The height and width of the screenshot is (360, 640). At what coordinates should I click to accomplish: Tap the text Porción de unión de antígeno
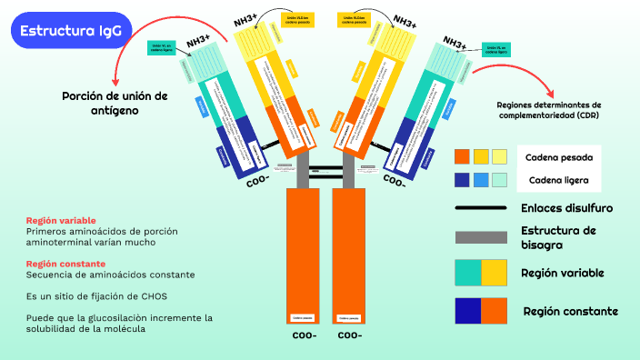[115, 102]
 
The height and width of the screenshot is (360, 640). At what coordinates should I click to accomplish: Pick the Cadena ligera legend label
[555, 179]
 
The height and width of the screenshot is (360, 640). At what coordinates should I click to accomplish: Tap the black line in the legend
[480, 208]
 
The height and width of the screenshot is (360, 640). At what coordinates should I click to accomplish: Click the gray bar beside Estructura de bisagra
[480, 237]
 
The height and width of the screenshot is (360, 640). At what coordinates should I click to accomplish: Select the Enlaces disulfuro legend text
[566, 208]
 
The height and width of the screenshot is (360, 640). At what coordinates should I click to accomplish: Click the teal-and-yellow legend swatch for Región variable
[480, 273]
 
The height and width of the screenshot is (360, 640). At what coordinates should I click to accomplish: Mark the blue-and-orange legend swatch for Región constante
[480, 311]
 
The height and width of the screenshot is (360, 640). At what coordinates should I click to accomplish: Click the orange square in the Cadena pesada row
[462, 156]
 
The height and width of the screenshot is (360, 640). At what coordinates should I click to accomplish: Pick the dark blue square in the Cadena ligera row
[462, 179]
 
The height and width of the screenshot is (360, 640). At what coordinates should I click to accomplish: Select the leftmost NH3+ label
[198, 40]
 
